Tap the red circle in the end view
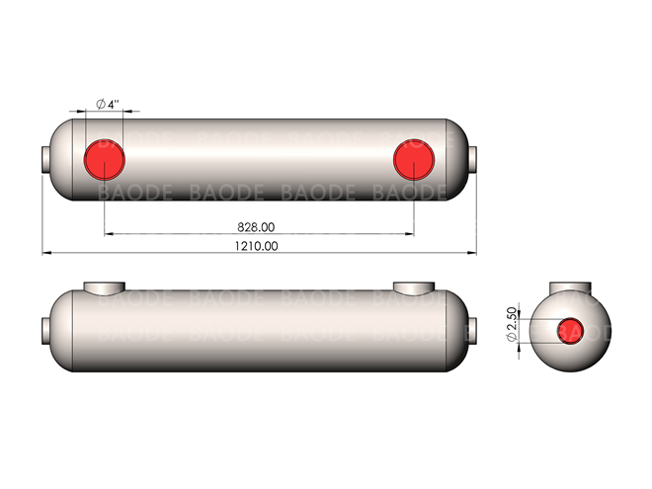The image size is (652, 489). click(570, 330)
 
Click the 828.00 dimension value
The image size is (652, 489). click(257, 226)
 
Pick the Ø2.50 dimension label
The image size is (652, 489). click(511, 325)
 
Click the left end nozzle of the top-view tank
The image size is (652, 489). click(45, 158)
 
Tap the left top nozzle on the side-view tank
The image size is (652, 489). click(104, 288)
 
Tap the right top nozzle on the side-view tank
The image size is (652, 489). click(414, 288)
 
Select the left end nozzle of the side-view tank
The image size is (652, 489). click(45, 329)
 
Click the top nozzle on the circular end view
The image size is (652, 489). click(570, 288)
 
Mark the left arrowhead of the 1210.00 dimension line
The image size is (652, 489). click(45, 253)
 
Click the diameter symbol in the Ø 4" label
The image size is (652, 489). click(100, 104)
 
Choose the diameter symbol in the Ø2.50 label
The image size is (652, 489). click(511, 338)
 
